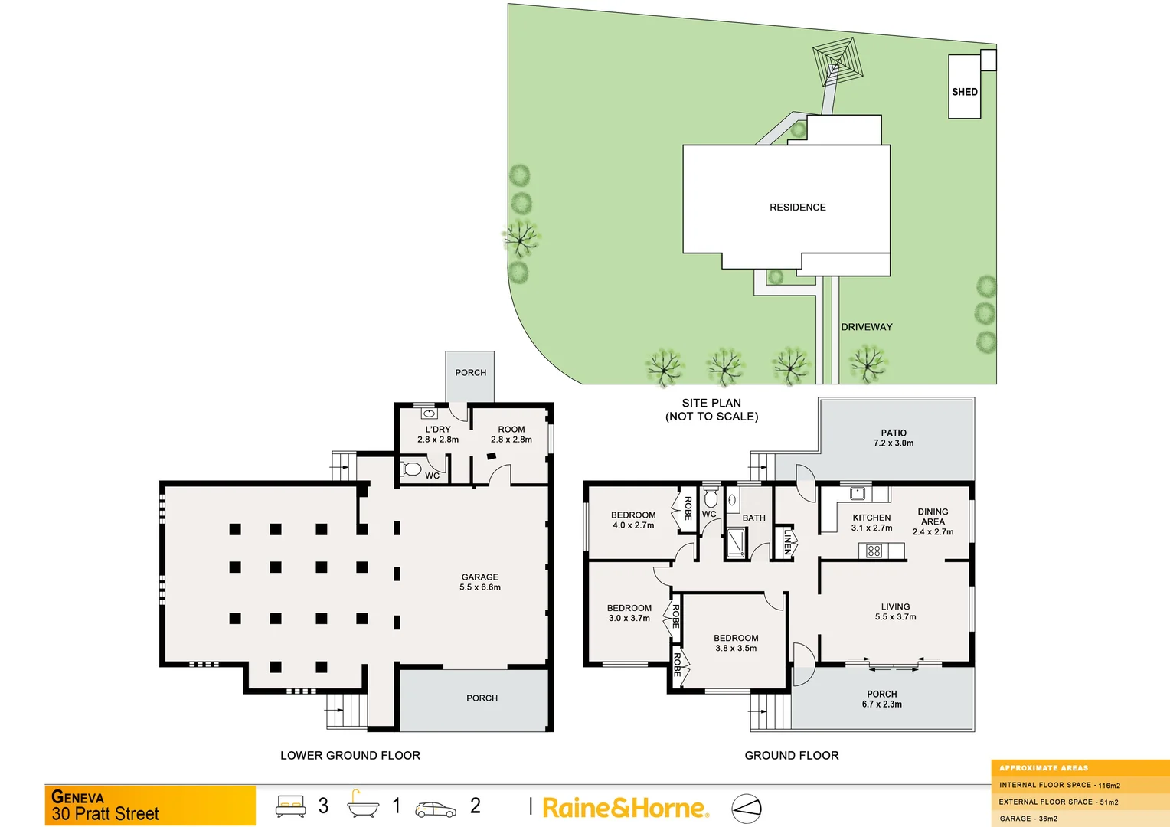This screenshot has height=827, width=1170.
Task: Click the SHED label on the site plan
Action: click(x=964, y=92)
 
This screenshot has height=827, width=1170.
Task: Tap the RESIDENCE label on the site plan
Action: click(x=797, y=208)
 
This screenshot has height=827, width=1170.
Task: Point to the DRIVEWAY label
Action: click(x=866, y=327)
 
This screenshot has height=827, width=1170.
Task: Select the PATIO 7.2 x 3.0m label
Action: click(x=894, y=438)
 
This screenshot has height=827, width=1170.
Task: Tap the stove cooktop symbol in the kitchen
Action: click(x=874, y=551)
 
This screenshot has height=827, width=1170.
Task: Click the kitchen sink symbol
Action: click(x=858, y=493)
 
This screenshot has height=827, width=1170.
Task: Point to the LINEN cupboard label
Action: click(x=786, y=542)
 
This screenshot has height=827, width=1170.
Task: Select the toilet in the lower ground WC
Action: click(x=411, y=469)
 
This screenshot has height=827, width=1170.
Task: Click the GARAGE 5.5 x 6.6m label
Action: click(x=480, y=582)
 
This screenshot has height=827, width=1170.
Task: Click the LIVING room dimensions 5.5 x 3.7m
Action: click(x=895, y=617)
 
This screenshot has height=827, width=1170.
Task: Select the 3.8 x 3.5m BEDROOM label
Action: click(x=736, y=643)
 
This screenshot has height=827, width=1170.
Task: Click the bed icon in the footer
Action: click(x=291, y=806)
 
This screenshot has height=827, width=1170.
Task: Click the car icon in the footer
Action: click(x=435, y=809)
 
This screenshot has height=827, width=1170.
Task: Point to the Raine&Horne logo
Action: click(x=625, y=808)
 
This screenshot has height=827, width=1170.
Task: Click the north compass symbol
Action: click(x=747, y=808)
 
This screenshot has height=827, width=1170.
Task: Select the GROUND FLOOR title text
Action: click(x=792, y=756)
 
